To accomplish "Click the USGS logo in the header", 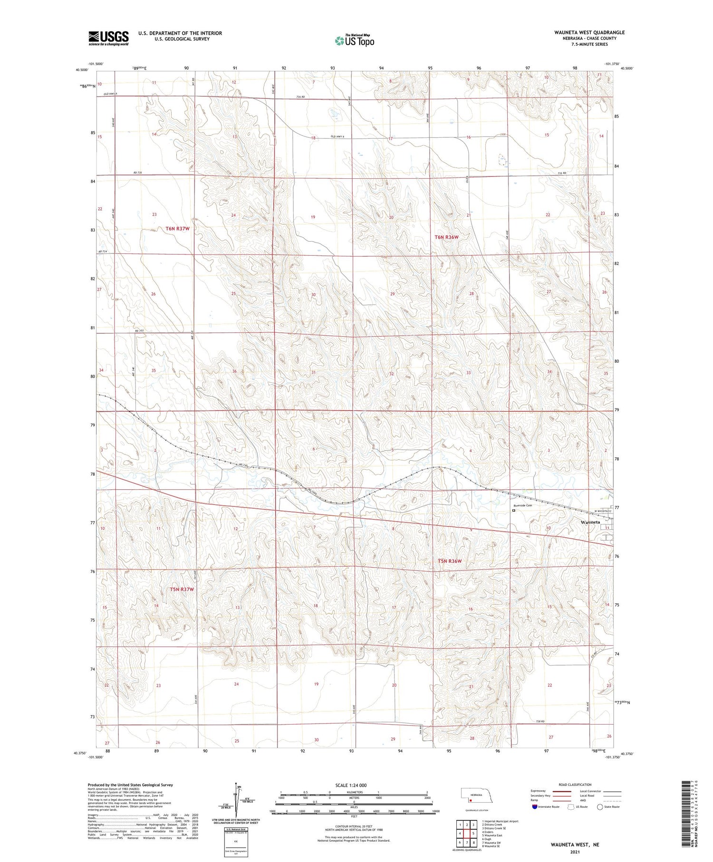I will [x=108, y=38].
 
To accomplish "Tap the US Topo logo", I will [x=354, y=40].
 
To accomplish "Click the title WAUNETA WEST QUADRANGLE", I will [x=589, y=32].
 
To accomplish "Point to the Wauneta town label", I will [x=590, y=522].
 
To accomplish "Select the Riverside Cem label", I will [x=522, y=505].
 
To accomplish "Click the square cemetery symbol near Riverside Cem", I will [x=513, y=511].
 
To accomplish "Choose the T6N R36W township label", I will [x=446, y=237].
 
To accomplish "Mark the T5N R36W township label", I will [x=449, y=561].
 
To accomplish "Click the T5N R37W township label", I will [x=182, y=590].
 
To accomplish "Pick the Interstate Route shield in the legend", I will [x=535, y=807].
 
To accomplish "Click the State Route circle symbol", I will [x=600, y=807].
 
